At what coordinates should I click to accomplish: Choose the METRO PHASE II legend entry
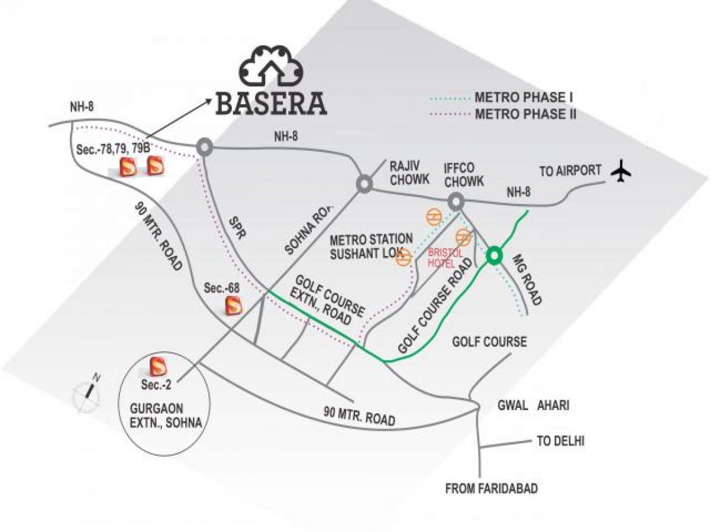(x=526, y=113)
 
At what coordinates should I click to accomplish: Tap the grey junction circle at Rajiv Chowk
(x=363, y=184)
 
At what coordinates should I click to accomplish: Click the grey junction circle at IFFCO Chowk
(x=456, y=201)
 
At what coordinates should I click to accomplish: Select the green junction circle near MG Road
(x=494, y=256)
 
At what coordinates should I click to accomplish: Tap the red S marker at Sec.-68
(x=233, y=305)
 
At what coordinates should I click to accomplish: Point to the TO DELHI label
(x=560, y=441)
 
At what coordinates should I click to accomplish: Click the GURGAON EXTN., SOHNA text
(x=164, y=416)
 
